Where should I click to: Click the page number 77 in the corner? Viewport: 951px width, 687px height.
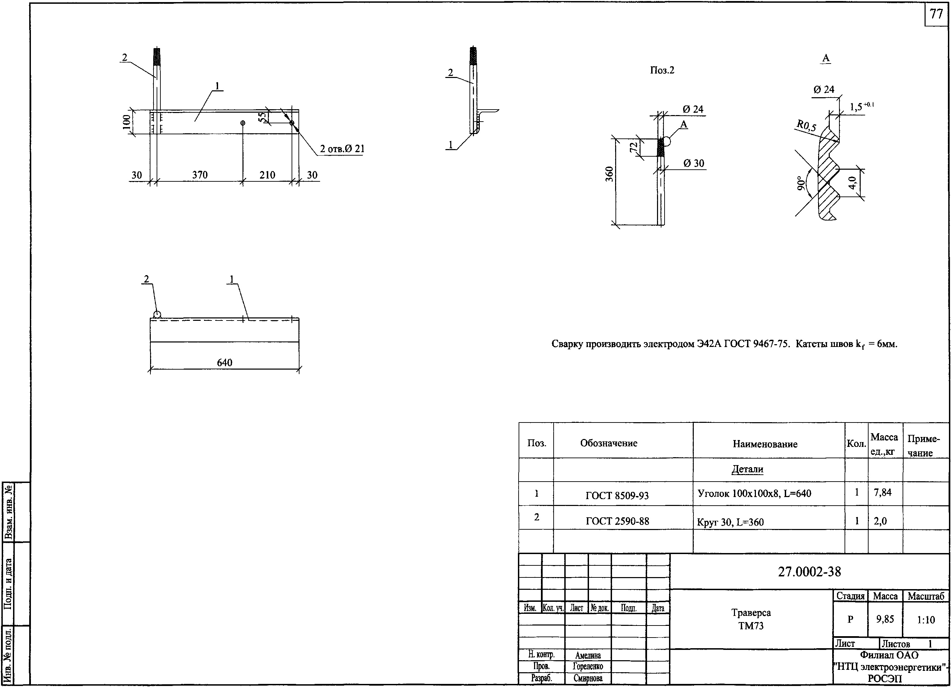coord(936,14)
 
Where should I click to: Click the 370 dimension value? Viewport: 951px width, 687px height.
coord(200,175)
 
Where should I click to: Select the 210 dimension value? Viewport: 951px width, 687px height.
coord(267,175)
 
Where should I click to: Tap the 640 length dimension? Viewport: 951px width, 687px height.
coord(225,362)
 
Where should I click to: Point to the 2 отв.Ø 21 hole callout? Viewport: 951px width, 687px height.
coord(342,149)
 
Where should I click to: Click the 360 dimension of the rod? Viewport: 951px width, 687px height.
coord(609,174)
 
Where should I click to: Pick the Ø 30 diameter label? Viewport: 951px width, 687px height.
coord(693,163)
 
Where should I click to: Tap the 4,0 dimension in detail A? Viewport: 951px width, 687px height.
coord(852,182)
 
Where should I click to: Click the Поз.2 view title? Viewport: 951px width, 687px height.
coord(662,70)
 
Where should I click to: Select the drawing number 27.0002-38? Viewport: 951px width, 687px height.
coord(809,572)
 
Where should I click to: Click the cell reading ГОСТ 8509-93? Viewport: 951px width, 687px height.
coord(617,496)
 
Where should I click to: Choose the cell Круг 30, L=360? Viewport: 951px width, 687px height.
coord(730,522)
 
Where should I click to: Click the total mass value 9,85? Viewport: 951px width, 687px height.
coord(885,619)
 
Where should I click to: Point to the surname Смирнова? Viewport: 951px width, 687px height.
coord(588,678)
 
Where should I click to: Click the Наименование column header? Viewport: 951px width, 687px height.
coord(765,444)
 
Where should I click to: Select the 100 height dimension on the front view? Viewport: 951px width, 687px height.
coord(126,122)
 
